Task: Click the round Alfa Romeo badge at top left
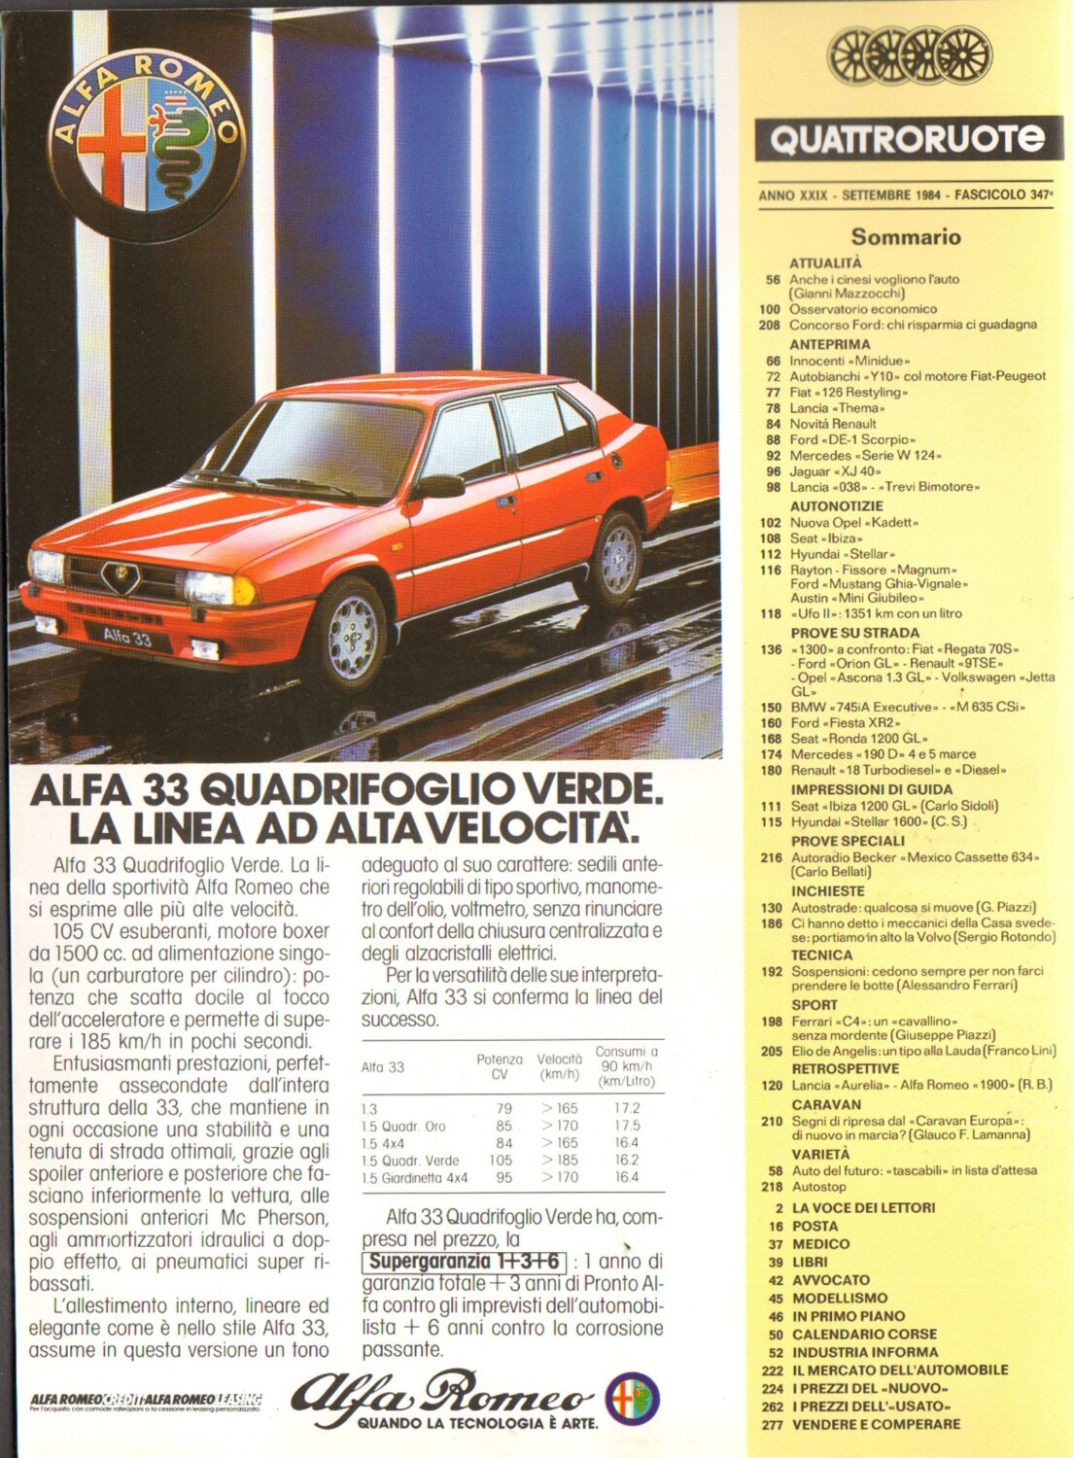click(147, 146)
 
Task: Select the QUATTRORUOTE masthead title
click(906, 139)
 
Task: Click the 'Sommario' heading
click(906, 236)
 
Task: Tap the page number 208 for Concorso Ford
click(770, 326)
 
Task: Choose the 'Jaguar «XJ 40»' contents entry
click(835, 471)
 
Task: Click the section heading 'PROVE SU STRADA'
click(854, 633)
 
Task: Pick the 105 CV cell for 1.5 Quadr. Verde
click(500, 1161)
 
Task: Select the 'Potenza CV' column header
click(500, 1066)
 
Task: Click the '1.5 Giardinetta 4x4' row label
click(414, 1178)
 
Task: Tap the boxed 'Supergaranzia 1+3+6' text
click(464, 1262)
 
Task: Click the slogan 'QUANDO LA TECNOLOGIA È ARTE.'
click(477, 1423)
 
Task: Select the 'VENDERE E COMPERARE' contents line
click(876, 1425)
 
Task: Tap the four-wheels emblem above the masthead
click(910, 54)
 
